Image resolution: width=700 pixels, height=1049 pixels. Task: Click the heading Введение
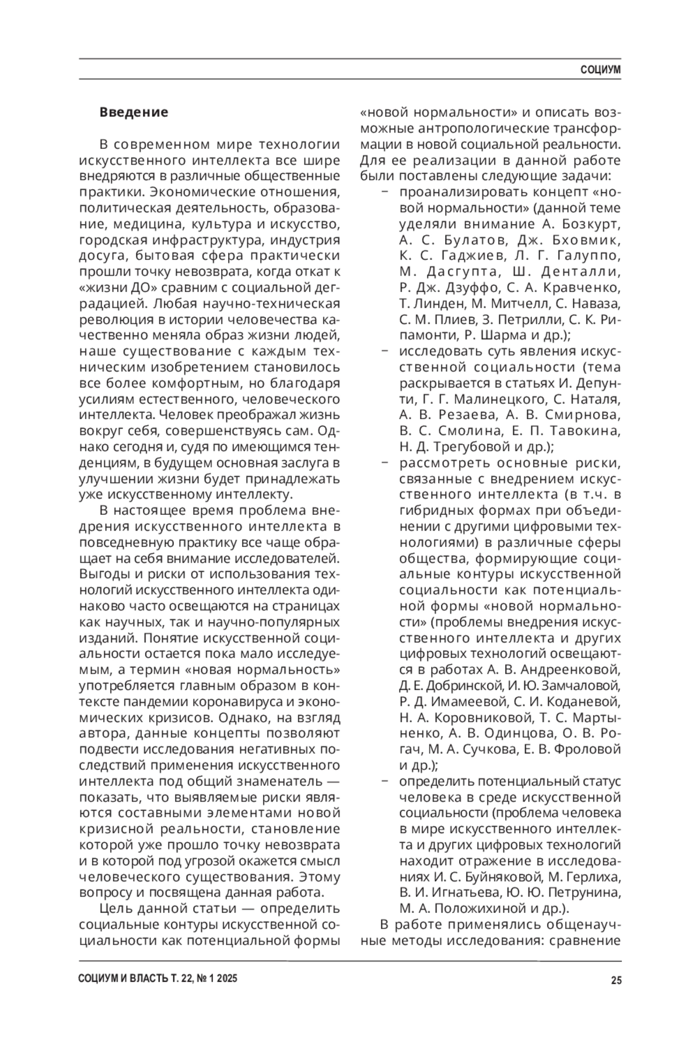click(134, 112)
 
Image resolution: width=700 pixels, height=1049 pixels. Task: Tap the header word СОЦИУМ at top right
click(601, 70)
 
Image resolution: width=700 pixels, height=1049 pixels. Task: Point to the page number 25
click(616, 980)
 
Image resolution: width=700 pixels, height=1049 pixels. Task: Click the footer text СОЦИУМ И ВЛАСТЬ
click(123, 980)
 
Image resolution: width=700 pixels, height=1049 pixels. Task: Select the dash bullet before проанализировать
click(384, 192)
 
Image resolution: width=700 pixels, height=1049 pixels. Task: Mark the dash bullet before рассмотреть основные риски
click(384, 463)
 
